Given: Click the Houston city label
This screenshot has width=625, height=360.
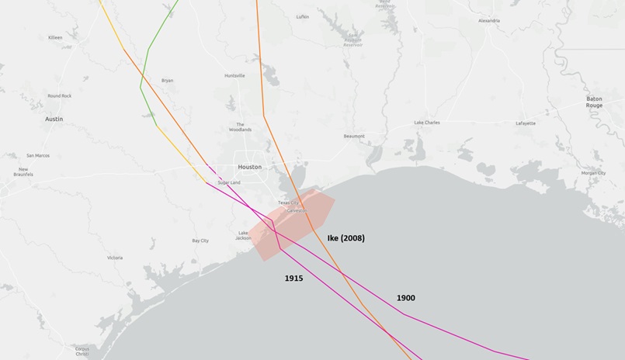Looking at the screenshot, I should (x=250, y=167).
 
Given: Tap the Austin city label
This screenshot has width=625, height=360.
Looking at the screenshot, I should (x=54, y=119).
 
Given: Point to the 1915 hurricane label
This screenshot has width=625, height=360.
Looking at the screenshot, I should (x=293, y=277).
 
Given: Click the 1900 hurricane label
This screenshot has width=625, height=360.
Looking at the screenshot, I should (x=405, y=298).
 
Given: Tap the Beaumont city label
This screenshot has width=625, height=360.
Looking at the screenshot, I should (x=354, y=136).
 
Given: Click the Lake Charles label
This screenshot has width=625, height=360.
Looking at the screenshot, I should (x=426, y=123).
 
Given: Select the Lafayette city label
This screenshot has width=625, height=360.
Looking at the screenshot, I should (x=526, y=123).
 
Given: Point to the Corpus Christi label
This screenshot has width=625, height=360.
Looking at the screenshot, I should (x=82, y=350).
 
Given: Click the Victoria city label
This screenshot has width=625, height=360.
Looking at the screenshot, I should (x=115, y=258).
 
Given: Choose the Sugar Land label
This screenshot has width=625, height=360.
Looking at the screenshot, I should (x=229, y=182).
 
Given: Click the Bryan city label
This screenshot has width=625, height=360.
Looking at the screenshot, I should (x=167, y=80).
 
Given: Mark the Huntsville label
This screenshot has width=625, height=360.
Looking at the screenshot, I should (x=234, y=75).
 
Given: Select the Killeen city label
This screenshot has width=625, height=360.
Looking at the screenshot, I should (x=55, y=37).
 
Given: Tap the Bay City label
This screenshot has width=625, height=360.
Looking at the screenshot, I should (x=200, y=241).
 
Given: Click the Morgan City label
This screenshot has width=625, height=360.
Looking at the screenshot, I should (x=593, y=173).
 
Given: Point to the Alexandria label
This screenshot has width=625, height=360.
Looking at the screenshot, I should (x=489, y=20).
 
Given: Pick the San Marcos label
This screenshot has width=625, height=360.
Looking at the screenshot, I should (x=38, y=155).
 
